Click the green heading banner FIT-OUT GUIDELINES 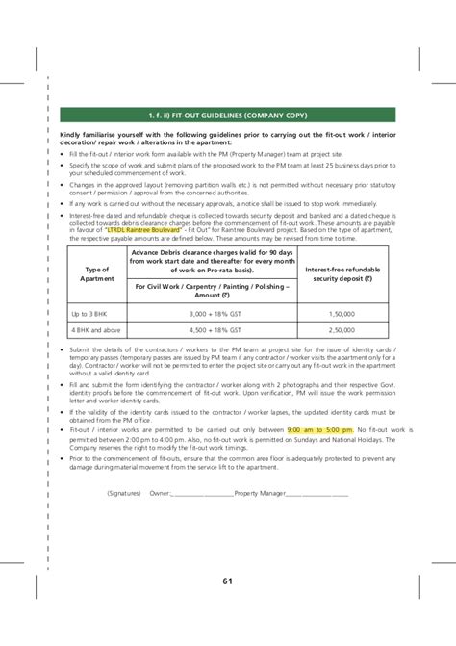(228, 115)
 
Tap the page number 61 (228, 581)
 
